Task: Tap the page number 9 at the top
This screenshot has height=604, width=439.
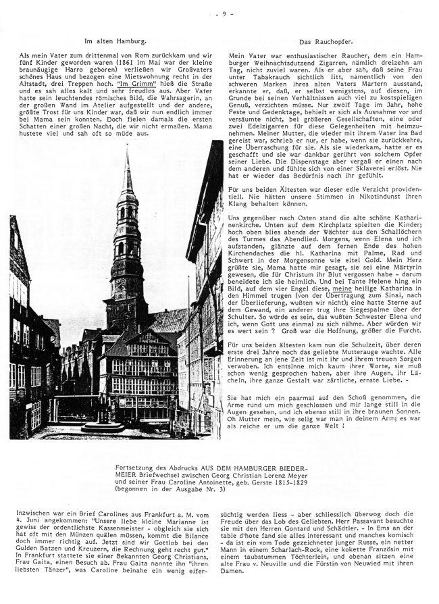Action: point(220,12)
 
